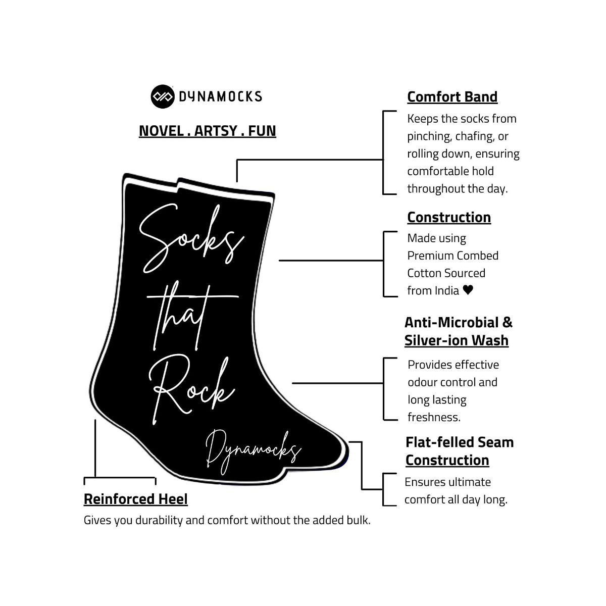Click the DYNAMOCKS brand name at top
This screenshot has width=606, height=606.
(220, 96)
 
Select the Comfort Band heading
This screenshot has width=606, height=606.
(452, 96)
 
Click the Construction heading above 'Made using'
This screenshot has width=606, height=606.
(449, 217)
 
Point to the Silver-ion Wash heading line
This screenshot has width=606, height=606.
(456, 340)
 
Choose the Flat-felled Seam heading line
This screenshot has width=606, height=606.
(459, 442)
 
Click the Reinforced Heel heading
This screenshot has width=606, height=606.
(135, 499)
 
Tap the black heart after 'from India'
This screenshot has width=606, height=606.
(468, 290)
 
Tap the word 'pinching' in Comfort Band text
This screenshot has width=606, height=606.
(429, 136)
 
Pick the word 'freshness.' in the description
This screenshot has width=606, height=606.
(434, 417)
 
